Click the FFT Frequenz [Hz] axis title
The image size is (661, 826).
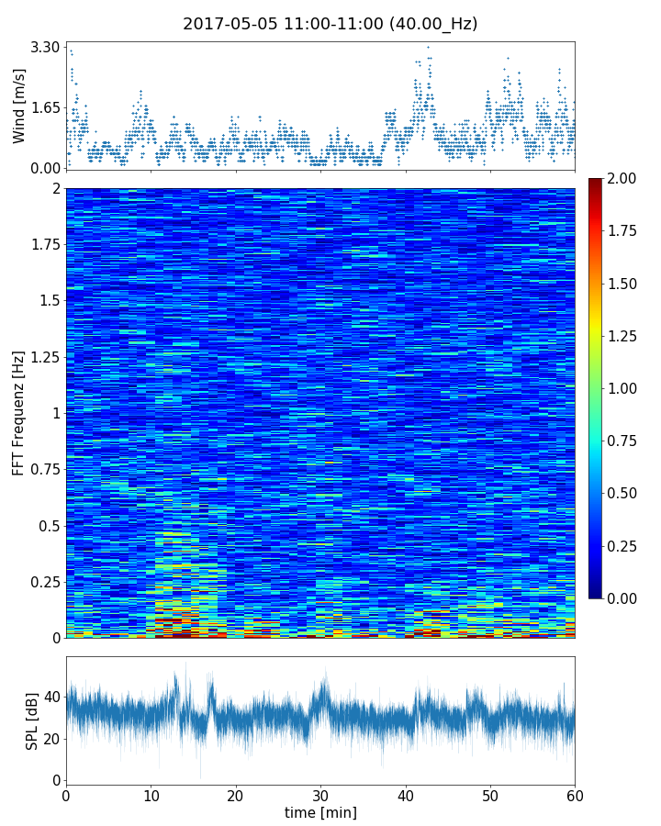tap(19, 413)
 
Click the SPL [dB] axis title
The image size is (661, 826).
tap(32, 720)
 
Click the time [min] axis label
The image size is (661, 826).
tap(320, 812)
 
